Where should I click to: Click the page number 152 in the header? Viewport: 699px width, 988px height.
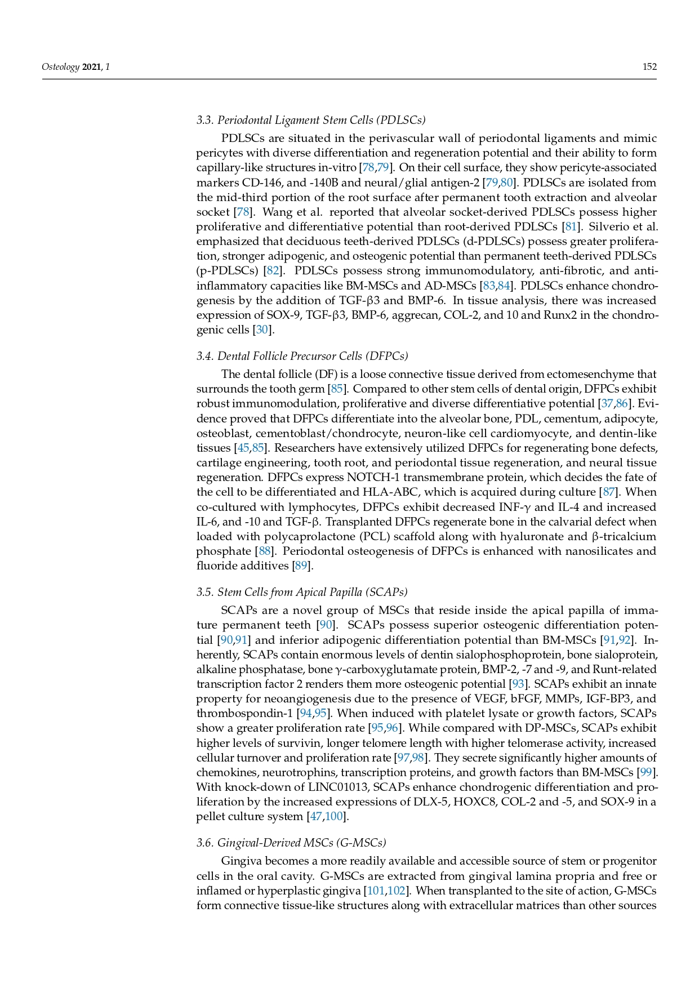649,67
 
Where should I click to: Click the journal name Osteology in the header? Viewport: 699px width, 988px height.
60,67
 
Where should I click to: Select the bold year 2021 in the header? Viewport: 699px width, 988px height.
92,67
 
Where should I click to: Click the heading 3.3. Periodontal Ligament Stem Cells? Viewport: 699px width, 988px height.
310,120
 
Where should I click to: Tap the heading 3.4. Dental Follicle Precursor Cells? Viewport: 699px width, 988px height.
302,356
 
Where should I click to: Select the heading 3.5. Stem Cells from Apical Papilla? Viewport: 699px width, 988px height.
301,592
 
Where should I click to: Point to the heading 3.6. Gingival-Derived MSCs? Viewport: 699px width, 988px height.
291,843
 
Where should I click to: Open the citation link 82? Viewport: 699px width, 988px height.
273,271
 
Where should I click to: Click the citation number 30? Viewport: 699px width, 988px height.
262,330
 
